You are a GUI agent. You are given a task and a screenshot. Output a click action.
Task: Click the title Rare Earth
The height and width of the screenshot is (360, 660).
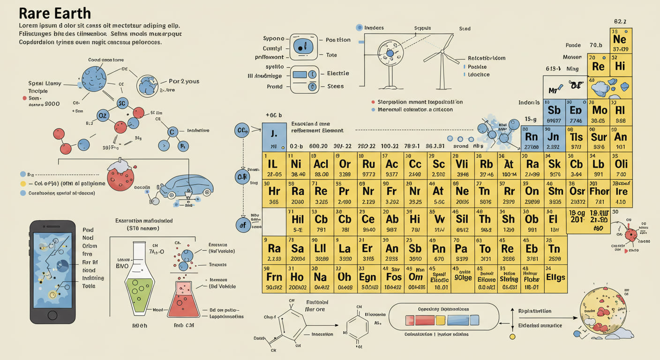click(55, 13)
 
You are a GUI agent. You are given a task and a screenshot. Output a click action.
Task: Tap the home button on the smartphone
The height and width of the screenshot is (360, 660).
click(52, 314)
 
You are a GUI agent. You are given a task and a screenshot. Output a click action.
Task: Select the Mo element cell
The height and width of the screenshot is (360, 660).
click(599, 112)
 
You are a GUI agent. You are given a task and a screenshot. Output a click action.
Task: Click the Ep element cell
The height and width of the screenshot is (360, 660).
click(576, 112)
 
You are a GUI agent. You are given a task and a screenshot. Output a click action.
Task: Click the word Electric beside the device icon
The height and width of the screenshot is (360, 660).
click(338, 74)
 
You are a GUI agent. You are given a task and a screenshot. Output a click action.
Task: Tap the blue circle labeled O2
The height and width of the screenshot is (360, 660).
click(103, 115)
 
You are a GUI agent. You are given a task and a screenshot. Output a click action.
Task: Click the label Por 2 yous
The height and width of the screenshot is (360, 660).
click(184, 82)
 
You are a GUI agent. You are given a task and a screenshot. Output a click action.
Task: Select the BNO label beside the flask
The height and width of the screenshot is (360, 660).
click(122, 265)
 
